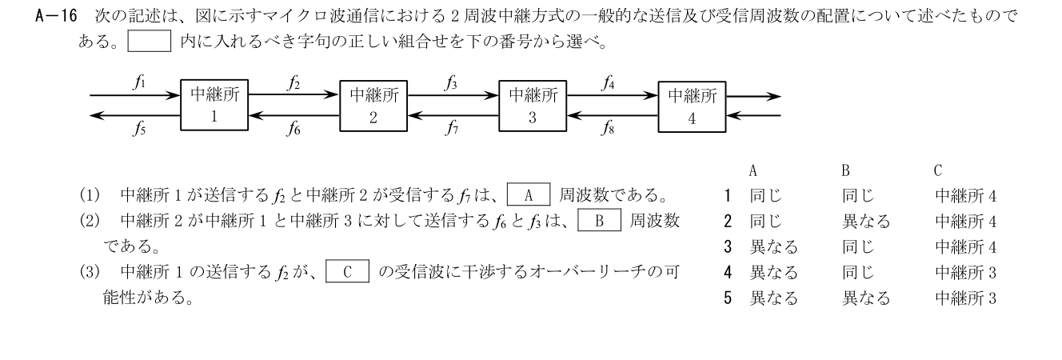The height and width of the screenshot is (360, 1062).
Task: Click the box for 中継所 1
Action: coord(214,105)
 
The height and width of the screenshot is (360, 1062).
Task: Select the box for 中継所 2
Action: coord(373,106)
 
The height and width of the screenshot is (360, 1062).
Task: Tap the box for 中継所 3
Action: coord(533,106)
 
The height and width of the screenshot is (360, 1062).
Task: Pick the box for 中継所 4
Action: coord(692,106)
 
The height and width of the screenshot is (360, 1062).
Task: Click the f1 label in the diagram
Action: coord(139,82)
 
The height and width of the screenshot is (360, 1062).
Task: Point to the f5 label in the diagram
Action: coord(139,128)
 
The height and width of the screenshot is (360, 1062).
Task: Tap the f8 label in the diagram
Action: coord(608,127)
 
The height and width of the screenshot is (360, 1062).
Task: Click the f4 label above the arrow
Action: coord(608,83)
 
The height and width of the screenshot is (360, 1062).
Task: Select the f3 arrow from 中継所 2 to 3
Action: coord(453,95)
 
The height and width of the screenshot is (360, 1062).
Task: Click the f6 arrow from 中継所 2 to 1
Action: coord(294,114)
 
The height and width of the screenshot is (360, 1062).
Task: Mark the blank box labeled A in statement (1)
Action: coord(529,194)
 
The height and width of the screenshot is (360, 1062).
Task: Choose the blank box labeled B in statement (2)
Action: coord(599,220)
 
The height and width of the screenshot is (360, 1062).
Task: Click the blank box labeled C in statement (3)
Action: coord(348,271)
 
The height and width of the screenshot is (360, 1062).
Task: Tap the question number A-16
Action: coord(57,16)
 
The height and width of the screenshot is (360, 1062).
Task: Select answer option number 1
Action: coord(728,195)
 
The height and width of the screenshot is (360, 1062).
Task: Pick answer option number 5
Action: coord(728,298)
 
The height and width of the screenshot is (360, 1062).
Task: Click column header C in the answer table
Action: coord(938,170)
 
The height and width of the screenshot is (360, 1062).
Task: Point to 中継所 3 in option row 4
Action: coord(966,272)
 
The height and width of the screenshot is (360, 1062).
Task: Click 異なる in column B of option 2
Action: coord(866,221)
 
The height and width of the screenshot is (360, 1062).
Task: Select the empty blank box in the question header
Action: coord(150,41)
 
